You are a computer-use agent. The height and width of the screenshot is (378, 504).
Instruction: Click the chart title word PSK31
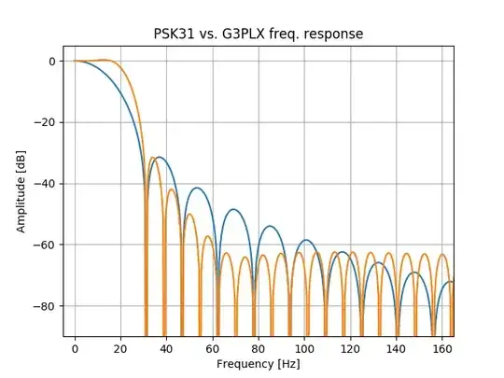(x=175, y=34)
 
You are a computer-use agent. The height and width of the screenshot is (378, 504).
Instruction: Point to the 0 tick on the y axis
(x=54, y=62)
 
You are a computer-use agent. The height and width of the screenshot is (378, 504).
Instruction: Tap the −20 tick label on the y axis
(x=46, y=122)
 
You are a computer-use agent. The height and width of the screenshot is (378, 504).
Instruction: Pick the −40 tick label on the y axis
(x=46, y=184)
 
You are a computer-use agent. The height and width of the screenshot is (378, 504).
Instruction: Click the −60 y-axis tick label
(x=46, y=245)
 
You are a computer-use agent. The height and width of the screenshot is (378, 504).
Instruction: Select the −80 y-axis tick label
(x=46, y=306)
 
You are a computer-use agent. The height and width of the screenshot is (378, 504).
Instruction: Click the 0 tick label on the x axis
(x=76, y=347)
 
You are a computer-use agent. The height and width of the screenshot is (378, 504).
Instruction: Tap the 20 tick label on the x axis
(x=121, y=347)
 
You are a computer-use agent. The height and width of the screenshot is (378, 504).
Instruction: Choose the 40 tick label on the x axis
(x=167, y=347)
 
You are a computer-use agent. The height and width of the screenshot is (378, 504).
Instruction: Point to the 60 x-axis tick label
(x=213, y=347)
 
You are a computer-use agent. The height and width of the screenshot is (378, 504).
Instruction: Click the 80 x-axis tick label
(x=259, y=347)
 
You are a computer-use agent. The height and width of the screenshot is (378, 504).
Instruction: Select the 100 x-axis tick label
(x=304, y=347)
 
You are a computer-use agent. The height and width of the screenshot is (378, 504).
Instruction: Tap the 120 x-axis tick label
(x=350, y=347)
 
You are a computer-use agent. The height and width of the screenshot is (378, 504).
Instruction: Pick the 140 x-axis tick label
(x=396, y=347)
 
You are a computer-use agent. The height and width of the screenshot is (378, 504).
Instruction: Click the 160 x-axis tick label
(x=441, y=347)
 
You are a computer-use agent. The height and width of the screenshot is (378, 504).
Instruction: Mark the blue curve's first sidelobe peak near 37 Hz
(x=160, y=157)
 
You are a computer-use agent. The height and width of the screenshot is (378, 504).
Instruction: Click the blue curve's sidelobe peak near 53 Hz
(x=196, y=188)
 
